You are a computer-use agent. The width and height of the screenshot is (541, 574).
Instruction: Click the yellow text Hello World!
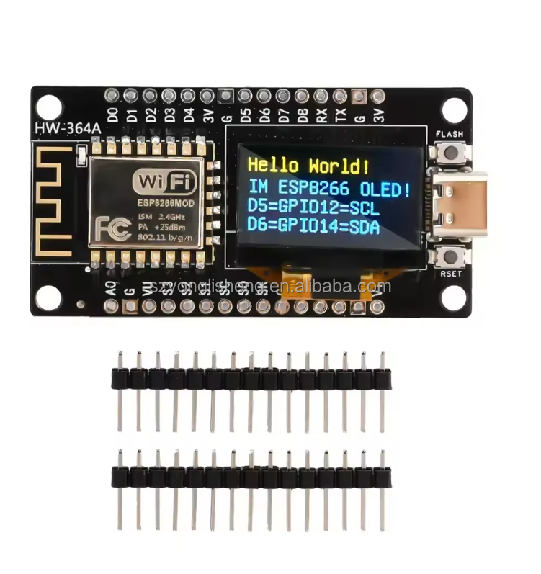[308, 166]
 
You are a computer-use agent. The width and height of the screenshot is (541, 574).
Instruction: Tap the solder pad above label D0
[112, 95]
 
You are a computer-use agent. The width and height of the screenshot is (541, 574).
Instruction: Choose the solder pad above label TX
[340, 95]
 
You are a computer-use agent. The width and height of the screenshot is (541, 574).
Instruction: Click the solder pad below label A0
[112, 308]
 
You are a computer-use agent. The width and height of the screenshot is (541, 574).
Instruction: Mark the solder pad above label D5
[245, 95]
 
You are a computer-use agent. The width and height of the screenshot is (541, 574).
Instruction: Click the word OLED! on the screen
[386, 189]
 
